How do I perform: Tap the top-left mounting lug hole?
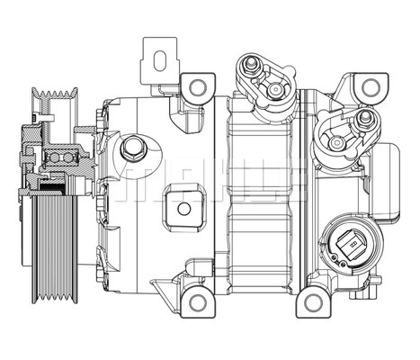tap(196, 87)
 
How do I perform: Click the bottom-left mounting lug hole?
tap(196, 301)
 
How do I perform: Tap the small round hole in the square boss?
tap(183, 209)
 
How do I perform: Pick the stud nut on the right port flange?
tap(363, 117)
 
